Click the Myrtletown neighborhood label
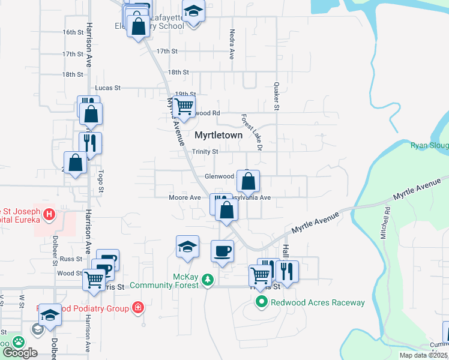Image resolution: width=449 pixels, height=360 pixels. pos(218,136)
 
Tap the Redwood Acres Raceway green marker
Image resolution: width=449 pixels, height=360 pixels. pos(262,302)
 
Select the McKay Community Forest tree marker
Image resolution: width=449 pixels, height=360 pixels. pos(208,280)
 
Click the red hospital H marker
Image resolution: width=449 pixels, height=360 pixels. pos(49,214)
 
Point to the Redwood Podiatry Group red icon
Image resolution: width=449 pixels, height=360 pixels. pos(139,308)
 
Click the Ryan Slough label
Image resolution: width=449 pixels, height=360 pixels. pos(429,145)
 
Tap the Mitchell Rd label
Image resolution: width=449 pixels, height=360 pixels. pos(385,223)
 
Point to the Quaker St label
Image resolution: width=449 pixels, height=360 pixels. pos(277,97)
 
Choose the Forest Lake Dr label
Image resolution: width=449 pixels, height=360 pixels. pos(252,132)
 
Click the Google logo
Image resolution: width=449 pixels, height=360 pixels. pos(20,352)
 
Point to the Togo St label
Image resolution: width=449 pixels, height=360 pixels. pos(100,181)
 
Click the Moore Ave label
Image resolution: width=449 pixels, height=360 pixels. pos(185,197)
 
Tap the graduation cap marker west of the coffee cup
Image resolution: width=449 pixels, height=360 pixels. pos(187,247)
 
